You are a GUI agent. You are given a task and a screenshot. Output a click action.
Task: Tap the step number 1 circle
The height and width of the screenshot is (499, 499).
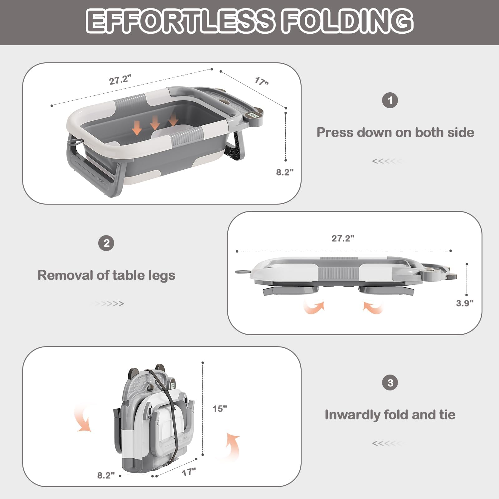390,100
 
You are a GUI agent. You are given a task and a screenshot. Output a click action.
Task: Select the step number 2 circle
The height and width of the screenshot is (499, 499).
106,243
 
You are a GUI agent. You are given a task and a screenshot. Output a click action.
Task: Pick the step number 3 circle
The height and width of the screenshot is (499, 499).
390,383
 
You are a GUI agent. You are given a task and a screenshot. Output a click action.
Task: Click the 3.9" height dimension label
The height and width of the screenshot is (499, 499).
464,303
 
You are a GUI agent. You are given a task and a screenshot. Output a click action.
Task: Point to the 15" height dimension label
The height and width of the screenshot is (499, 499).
220,409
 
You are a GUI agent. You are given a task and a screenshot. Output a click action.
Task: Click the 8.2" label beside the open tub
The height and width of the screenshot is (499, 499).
284,172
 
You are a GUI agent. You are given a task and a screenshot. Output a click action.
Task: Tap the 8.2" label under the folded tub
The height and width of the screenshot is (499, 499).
106,475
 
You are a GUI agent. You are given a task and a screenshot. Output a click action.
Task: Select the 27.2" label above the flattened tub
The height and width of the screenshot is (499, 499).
343,238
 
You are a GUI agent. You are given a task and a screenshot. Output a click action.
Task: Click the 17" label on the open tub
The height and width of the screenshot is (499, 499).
262,81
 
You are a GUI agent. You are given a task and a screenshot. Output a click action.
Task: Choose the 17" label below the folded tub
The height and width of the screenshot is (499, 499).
189,472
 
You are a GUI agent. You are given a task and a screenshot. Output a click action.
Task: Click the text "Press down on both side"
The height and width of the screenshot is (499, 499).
395,133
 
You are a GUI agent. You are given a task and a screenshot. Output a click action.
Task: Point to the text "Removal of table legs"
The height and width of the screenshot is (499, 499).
106,275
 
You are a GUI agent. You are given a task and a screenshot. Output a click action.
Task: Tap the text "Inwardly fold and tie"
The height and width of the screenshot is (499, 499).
390,415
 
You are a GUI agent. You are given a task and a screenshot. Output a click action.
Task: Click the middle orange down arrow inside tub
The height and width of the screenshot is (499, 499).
155,123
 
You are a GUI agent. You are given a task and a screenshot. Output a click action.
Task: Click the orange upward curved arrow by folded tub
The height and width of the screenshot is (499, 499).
233,446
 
